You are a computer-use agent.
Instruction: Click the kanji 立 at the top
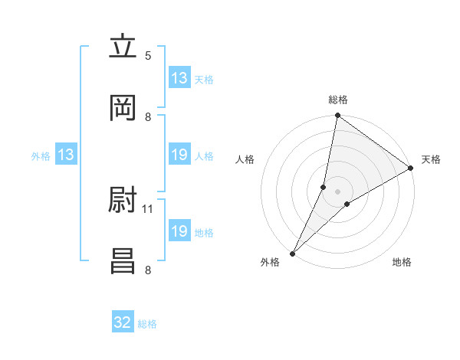pos(123,47)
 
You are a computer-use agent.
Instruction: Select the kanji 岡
pos(123,108)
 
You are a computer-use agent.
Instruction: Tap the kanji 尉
pos(123,201)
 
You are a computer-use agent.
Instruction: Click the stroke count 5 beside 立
pos(148,55)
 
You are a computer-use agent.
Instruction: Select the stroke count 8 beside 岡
pos(148,116)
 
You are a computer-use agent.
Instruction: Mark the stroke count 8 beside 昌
pos(148,270)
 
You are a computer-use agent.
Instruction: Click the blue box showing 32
pos(123,322)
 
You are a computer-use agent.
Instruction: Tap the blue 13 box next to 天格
pos(179,78)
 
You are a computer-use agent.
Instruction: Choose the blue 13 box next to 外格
pos(66,155)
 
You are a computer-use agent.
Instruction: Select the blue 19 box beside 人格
pos(179,155)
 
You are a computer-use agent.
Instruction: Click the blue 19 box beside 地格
pos(179,231)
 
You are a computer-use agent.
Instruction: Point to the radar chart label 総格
pos(338,100)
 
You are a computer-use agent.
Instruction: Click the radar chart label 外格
pos(270,263)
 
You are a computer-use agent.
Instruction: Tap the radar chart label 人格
pos(245,159)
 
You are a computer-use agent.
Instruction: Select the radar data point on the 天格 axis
pos(411,168)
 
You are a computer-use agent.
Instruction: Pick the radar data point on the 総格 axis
pos(337,116)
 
